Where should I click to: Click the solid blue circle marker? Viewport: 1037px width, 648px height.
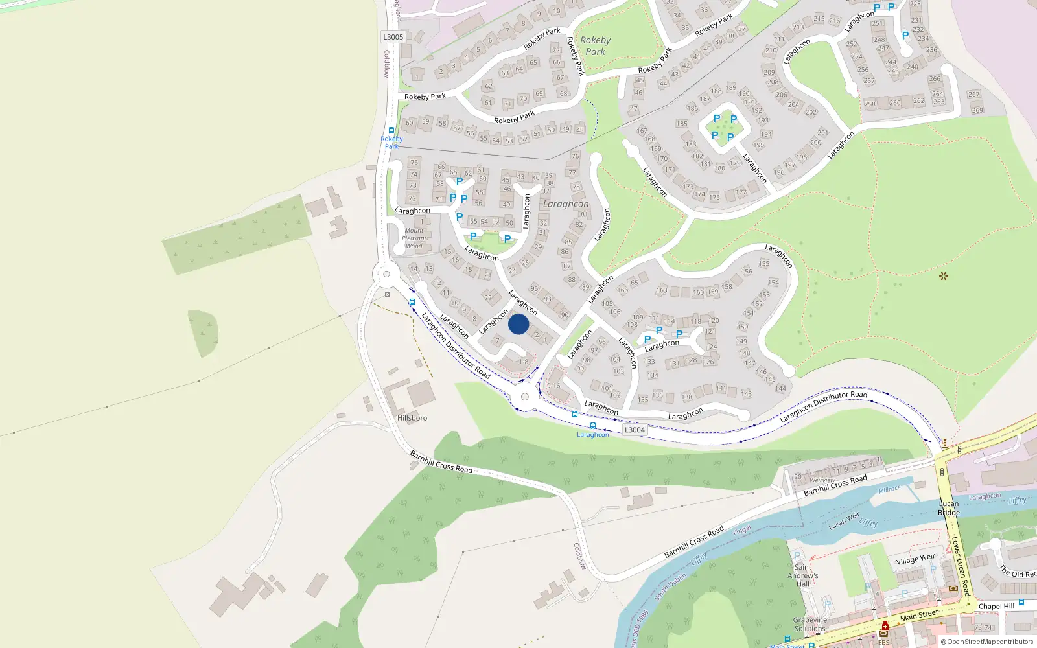pos(518,324)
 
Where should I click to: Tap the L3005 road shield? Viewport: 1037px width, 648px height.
pos(393,37)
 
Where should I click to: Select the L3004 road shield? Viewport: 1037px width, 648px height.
pos(635,430)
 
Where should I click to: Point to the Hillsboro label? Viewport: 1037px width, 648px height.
pos(412,418)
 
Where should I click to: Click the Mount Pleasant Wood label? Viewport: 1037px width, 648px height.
pos(414,238)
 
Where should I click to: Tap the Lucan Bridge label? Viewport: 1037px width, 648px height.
pos(949,508)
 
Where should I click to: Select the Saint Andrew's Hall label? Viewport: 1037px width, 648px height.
pos(803,575)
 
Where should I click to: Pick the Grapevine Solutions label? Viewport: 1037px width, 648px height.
pos(810,624)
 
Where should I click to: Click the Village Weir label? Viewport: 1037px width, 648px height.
pos(916,559)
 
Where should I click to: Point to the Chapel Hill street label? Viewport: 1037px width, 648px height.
pos(996,607)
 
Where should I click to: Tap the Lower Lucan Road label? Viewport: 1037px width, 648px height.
pos(961,566)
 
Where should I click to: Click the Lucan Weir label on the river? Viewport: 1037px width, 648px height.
pos(844,522)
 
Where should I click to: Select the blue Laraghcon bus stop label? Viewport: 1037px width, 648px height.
pos(593,435)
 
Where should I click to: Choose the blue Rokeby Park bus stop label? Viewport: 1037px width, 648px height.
pos(391,143)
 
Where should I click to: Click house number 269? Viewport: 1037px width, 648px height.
pos(977,110)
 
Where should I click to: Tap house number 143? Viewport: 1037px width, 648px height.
pos(747,394)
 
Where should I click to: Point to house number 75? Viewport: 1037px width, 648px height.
pos(414,163)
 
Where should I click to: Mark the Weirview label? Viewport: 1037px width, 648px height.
pos(822,480)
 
